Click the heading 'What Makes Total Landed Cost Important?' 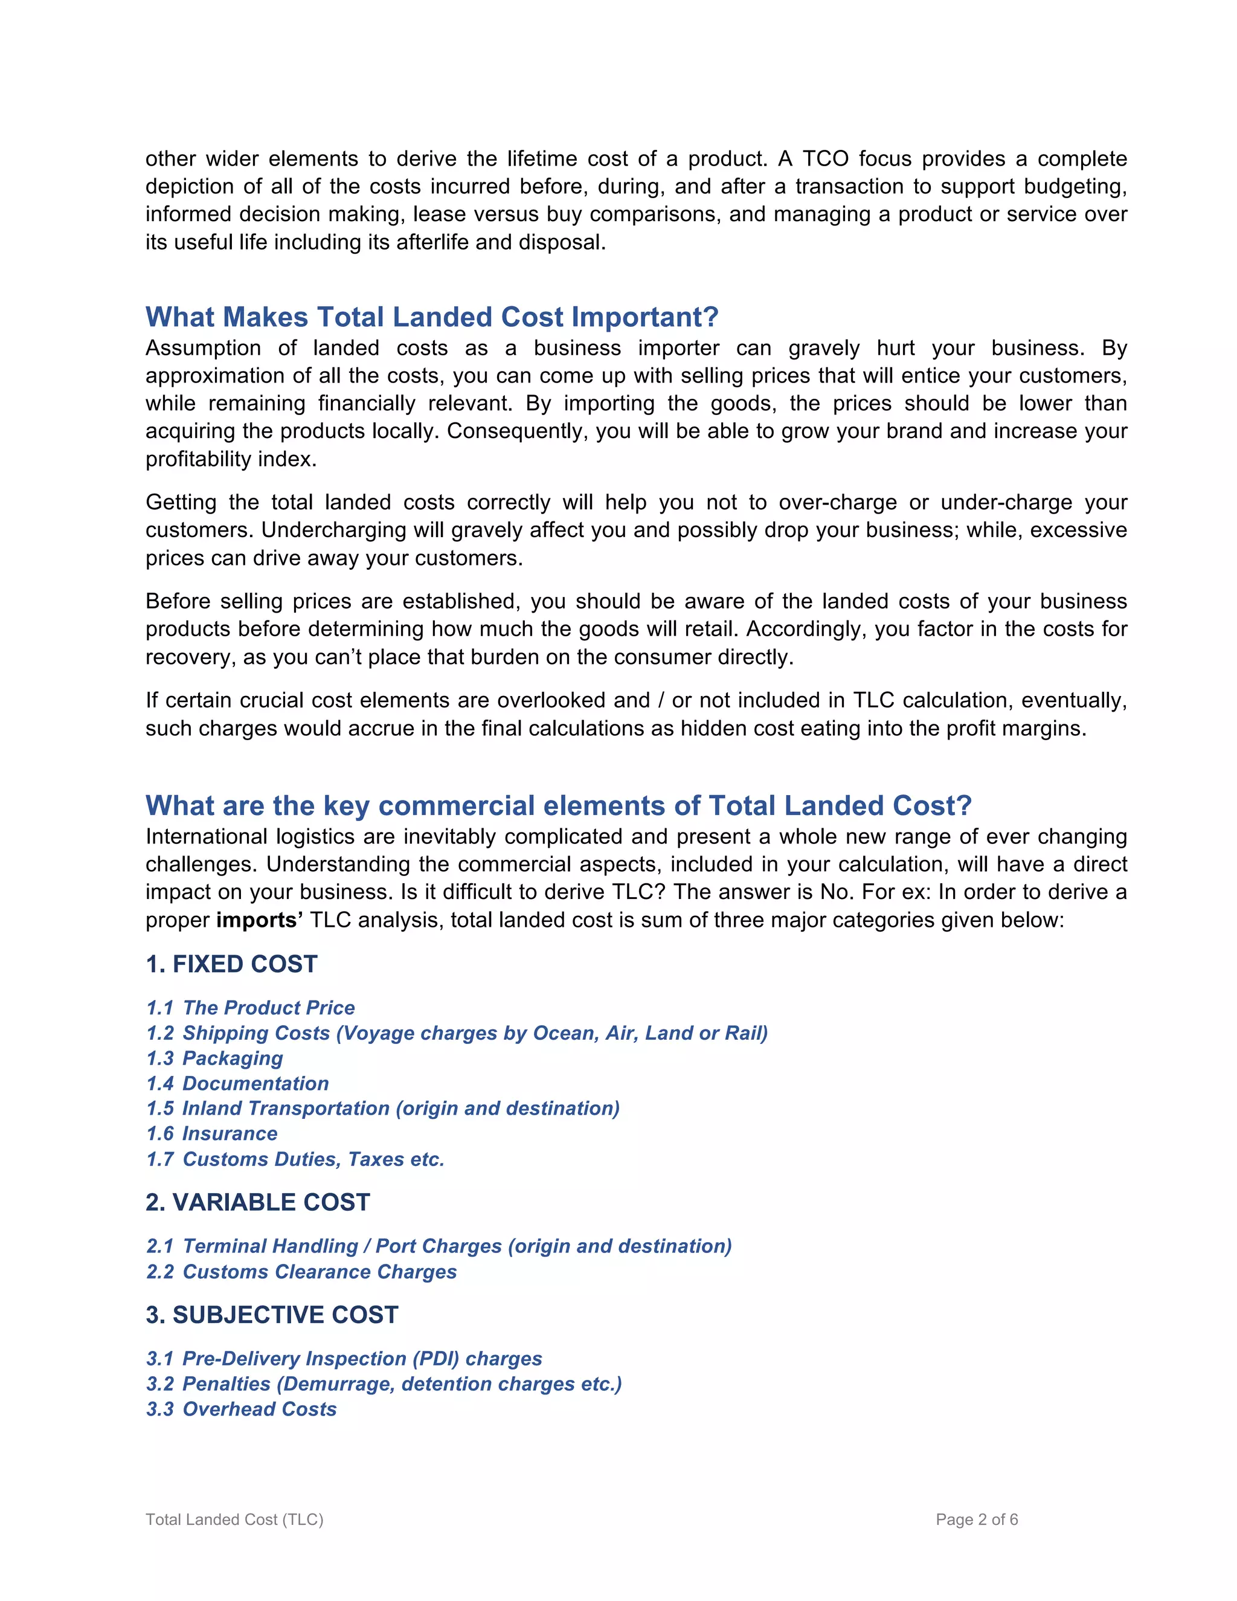click(x=432, y=317)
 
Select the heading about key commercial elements click(x=559, y=805)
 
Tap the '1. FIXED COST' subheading click(x=231, y=964)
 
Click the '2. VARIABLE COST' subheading click(x=258, y=1202)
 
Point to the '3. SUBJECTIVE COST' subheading click(x=272, y=1315)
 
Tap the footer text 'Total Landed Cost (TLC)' click(x=234, y=1519)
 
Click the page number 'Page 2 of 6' click(x=977, y=1519)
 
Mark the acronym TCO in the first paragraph click(x=825, y=159)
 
